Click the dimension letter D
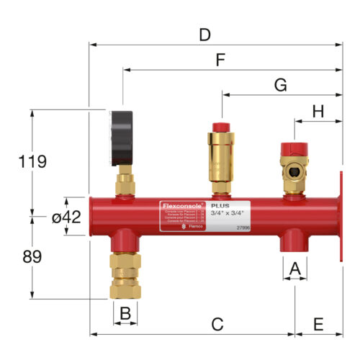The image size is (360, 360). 205,34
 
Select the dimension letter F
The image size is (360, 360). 221,60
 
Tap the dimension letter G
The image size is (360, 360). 280,84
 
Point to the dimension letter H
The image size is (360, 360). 318,111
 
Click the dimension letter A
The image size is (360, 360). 293,269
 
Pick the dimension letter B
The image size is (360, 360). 125,314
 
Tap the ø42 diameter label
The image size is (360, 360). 66,217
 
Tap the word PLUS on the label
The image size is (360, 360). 210,205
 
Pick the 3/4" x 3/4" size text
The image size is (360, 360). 224,212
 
